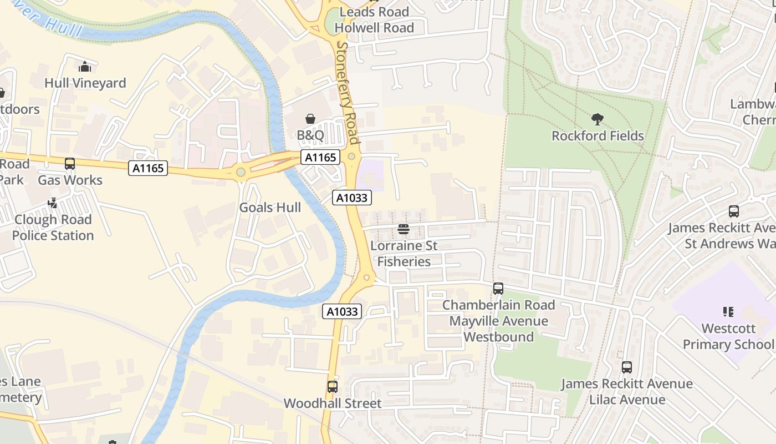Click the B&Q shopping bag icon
point(310,119)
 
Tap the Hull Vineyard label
point(85,83)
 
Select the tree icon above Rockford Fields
point(597,119)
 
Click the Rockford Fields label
point(598,136)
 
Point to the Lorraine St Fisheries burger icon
point(404,229)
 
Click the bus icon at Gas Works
point(70,164)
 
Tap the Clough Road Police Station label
point(53,228)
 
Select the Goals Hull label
point(270,208)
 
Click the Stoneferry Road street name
point(348,93)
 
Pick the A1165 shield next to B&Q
point(320,158)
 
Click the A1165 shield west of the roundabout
point(148,168)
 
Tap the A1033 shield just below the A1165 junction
point(352,198)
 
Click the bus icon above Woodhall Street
point(333,387)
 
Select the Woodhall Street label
point(333,403)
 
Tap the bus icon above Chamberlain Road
point(498,289)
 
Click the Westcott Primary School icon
point(728,312)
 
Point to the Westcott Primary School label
point(728,336)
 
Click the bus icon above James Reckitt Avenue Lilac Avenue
point(627,367)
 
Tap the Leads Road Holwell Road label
point(374,19)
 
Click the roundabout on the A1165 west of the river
point(241,173)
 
